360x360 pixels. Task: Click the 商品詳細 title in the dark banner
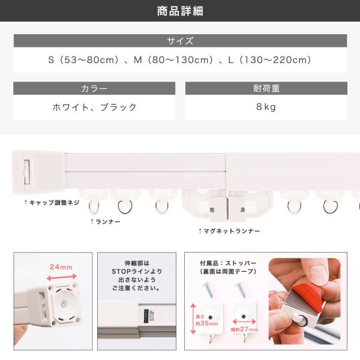[x=180, y=11]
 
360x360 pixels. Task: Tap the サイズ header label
[x=180, y=41]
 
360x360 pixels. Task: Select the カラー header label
[x=94, y=88]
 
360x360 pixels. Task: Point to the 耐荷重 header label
[x=266, y=88]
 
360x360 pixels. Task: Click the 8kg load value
[x=266, y=107]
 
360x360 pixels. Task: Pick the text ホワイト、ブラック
[x=94, y=107]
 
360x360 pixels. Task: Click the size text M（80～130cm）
[x=173, y=60]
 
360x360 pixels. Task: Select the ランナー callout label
[x=106, y=221]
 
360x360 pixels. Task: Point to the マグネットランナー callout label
[x=229, y=231]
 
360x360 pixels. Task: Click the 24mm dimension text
[x=61, y=267]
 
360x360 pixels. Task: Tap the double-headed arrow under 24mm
[x=62, y=277]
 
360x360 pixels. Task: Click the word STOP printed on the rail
[x=152, y=315]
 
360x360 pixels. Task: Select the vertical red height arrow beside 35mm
[x=193, y=319]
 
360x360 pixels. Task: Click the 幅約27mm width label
[x=244, y=329]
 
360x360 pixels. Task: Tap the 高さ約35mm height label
[x=207, y=320]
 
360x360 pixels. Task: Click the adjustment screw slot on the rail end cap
[x=27, y=172]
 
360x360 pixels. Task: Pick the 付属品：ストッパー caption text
[x=228, y=263]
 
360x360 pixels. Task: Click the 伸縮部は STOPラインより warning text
[x=137, y=267]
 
